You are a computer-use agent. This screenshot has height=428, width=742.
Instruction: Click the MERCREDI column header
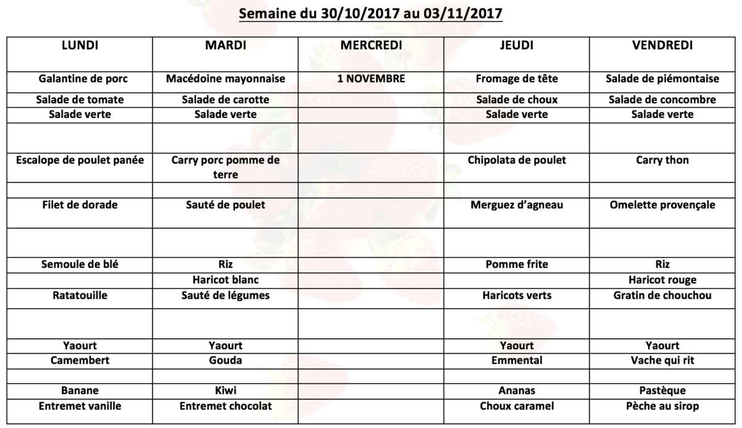click(x=371, y=45)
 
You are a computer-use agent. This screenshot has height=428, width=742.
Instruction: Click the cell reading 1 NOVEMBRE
click(x=371, y=79)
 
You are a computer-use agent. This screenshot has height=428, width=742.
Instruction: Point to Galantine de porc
click(x=80, y=79)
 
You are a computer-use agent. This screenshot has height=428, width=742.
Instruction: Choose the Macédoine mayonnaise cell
click(x=226, y=79)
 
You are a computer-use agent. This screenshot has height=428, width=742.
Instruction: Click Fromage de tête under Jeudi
click(x=517, y=79)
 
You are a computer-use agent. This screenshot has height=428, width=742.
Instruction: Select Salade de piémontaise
click(x=662, y=79)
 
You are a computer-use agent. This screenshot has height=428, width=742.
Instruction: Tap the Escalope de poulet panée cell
click(x=80, y=161)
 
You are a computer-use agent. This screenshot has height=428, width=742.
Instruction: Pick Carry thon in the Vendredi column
click(x=662, y=161)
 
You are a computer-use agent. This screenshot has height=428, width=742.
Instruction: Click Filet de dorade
click(x=80, y=205)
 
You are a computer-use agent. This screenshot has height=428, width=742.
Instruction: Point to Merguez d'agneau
click(x=517, y=205)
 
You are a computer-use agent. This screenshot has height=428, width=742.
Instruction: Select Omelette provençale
click(x=662, y=205)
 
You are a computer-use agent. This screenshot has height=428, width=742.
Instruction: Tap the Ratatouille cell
click(x=80, y=296)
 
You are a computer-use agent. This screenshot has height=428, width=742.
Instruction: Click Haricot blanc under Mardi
click(x=226, y=280)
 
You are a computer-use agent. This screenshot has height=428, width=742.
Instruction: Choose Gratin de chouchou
click(x=662, y=296)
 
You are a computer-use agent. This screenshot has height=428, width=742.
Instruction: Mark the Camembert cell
click(x=80, y=360)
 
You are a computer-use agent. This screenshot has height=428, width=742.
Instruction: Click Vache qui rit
click(x=662, y=360)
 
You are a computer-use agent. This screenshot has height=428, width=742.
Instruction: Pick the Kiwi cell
click(x=226, y=391)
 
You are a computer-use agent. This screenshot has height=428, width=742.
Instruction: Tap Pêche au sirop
click(x=662, y=406)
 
